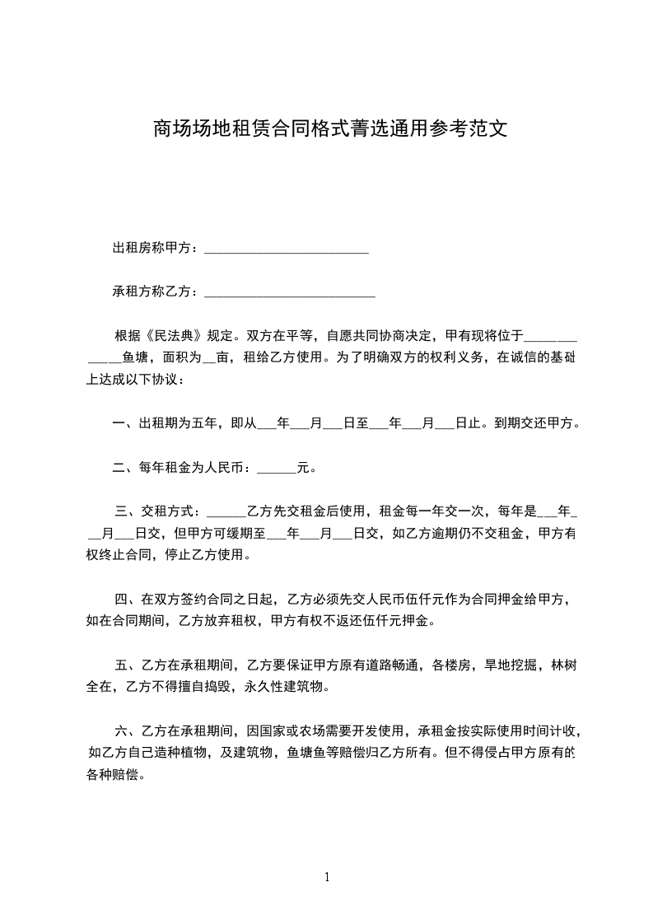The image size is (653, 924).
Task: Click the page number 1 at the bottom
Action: click(327, 876)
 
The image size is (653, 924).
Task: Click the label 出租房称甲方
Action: click(152, 248)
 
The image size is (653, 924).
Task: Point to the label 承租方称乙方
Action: click(152, 291)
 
